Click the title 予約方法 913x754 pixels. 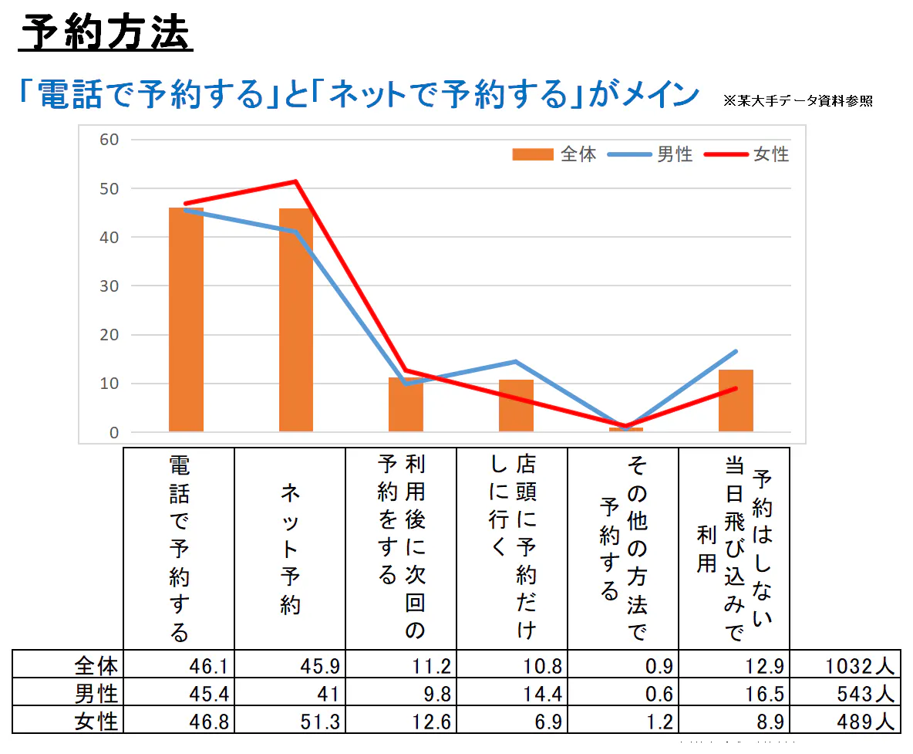click(105, 33)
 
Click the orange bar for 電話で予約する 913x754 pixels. click(186, 320)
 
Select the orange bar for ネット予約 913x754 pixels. click(296, 320)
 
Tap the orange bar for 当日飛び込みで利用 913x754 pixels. click(736, 401)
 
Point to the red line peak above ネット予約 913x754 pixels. click(296, 181)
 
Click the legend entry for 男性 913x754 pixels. click(651, 154)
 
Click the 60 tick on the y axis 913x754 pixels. click(109, 140)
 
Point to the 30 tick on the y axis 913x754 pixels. click(109, 286)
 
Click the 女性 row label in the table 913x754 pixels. click(96, 722)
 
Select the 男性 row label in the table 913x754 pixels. click(96, 693)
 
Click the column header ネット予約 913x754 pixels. click(290, 549)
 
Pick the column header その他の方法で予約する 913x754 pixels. click(623, 549)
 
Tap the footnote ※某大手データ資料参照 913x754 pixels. click(798, 100)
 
